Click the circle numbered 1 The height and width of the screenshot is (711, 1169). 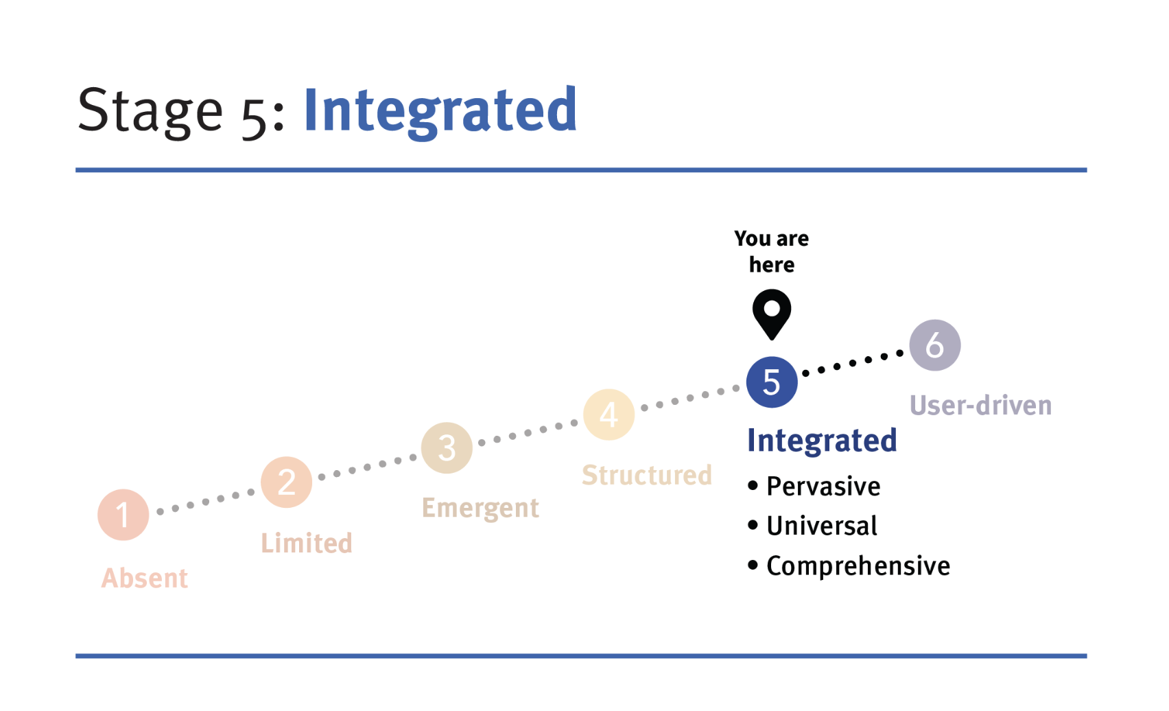(123, 515)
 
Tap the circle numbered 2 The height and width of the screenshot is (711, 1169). (287, 482)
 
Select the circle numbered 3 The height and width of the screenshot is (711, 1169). (447, 448)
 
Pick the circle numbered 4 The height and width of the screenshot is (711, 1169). (609, 415)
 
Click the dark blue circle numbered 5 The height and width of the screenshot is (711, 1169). (772, 382)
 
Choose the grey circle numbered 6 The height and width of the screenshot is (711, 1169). (934, 345)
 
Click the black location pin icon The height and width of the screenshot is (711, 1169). (772, 313)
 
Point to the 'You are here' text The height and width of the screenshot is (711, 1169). (772, 251)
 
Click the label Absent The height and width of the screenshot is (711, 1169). (145, 579)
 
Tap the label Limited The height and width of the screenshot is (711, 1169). (307, 544)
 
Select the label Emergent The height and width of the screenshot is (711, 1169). (480, 509)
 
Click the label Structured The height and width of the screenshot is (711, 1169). (647, 475)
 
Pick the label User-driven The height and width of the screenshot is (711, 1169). (980, 406)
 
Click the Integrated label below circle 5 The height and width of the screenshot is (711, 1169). (822, 441)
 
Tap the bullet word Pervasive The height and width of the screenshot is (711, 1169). (823, 487)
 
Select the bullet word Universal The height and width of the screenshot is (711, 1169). (822, 526)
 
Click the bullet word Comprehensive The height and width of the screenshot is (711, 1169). (858, 566)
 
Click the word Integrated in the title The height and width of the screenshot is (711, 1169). (440, 111)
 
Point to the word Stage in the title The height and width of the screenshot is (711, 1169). (150, 111)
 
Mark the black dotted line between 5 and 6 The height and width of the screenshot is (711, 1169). (853, 363)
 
